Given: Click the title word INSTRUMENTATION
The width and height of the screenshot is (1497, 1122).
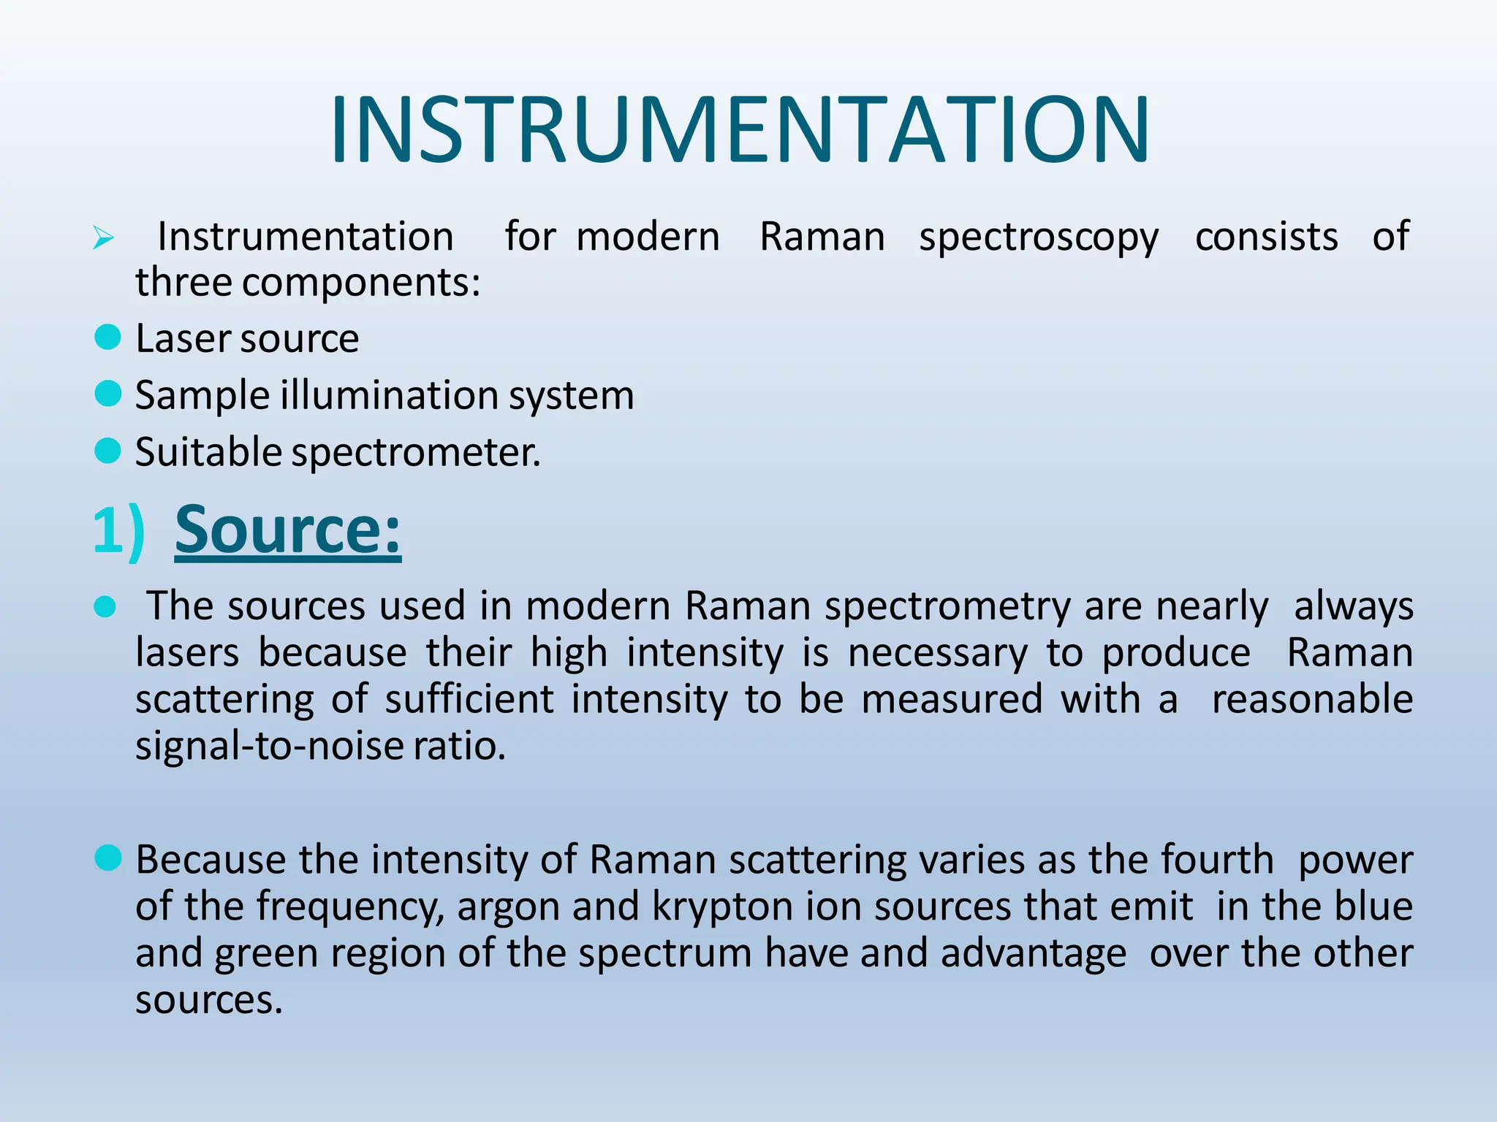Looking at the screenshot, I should coord(740,130).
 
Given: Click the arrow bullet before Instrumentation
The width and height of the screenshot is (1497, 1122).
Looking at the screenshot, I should coord(103,238).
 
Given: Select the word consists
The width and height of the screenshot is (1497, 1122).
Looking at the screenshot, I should coord(1266,237).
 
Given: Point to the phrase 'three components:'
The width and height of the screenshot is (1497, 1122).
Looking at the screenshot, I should coord(308,283).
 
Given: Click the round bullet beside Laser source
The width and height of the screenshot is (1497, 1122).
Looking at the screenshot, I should coord(108,337).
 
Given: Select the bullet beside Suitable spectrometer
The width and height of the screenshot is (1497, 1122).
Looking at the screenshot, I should coord(108,451).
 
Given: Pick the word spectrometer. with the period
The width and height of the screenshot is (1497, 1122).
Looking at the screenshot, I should coord(416,453).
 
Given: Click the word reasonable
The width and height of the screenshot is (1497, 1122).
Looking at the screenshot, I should coord(1312,699).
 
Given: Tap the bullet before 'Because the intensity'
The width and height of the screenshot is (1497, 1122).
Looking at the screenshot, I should coord(108,858).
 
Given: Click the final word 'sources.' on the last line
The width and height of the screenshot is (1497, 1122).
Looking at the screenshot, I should coord(209,1000).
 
